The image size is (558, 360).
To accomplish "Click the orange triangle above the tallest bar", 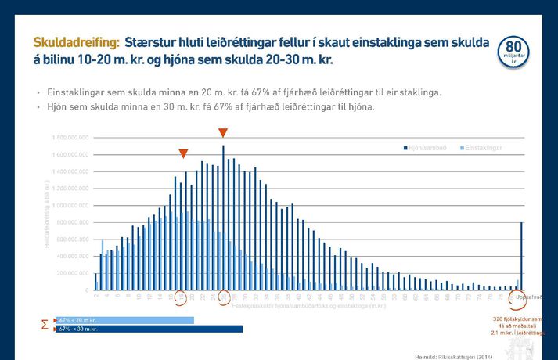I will pos(223,133).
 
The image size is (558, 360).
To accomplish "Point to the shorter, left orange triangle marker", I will pos(183,153).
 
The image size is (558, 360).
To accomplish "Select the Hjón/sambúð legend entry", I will pos(427,147).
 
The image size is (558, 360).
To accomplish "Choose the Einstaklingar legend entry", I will pos(481,147).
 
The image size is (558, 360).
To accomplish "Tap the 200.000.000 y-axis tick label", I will pos(74,273).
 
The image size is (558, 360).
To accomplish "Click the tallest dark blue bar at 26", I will pos(224,218).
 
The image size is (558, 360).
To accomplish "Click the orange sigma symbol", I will pos(45,324).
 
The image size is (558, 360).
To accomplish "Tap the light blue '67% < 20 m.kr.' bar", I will pos(125,320).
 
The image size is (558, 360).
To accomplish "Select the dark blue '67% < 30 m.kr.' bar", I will pos(149,329).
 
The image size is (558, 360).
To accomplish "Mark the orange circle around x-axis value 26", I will pos(225,297).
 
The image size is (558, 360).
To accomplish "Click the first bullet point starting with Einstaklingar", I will pos(244,92).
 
